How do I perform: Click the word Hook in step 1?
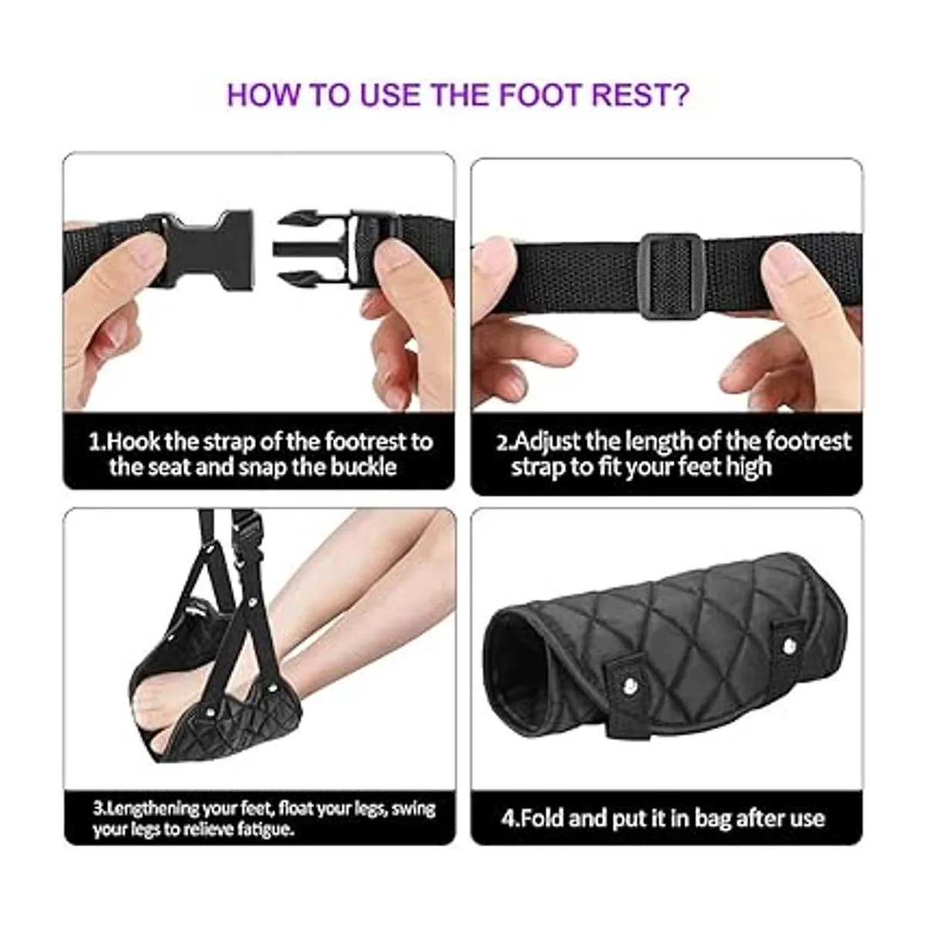pos(132,442)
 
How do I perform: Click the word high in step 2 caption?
pos(748,466)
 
